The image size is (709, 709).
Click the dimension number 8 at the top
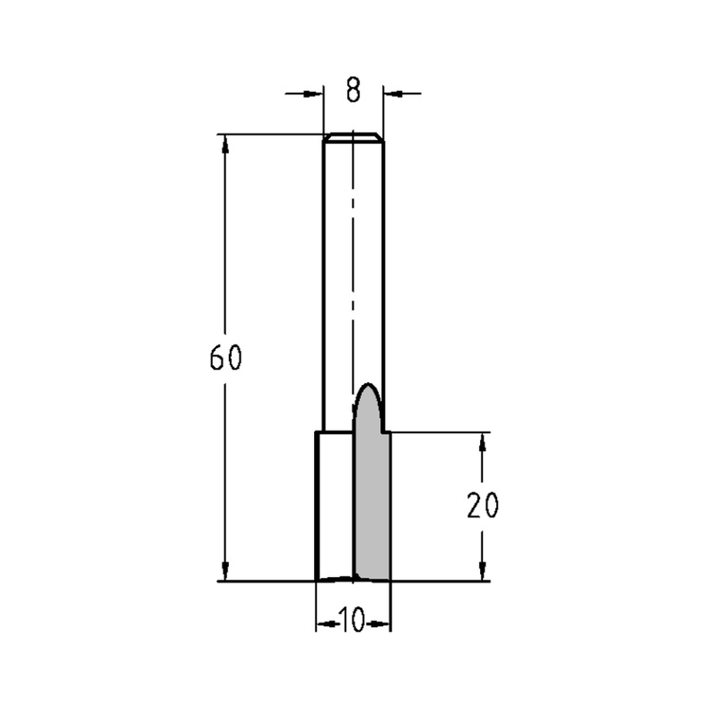click(x=354, y=91)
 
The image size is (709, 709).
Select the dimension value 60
click(x=226, y=359)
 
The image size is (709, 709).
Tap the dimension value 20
click(x=483, y=506)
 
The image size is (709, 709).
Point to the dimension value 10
click(x=352, y=620)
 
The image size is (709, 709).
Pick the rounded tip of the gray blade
click(x=368, y=389)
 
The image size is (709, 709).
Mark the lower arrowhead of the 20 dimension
click(x=483, y=571)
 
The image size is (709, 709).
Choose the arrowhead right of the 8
click(x=391, y=92)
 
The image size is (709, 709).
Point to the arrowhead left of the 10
click(x=324, y=624)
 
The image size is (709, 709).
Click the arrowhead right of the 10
click(x=383, y=624)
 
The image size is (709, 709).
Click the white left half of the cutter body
click(x=334, y=507)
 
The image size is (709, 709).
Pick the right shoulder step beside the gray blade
click(x=387, y=432)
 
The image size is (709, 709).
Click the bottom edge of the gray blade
click(x=372, y=579)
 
